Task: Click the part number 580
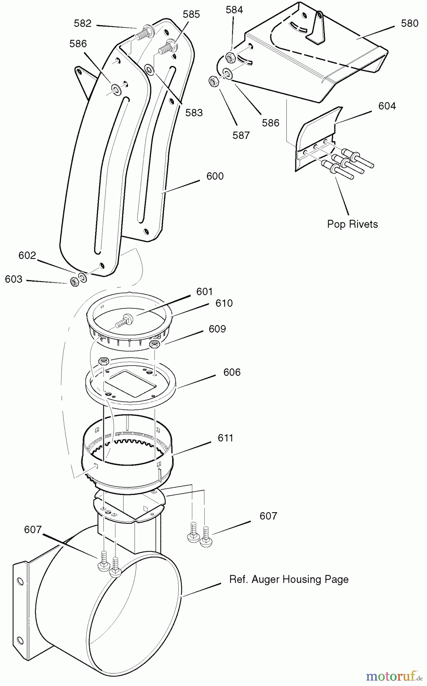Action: [x=409, y=23]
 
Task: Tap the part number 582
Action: [x=82, y=23]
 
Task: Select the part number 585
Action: [x=191, y=14]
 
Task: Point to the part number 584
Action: [x=234, y=10]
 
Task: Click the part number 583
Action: [x=194, y=112]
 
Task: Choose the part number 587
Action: [x=241, y=135]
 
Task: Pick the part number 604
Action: [x=387, y=106]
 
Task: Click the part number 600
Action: [x=215, y=176]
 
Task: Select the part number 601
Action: [x=204, y=292]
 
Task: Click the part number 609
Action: [x=217, y=329]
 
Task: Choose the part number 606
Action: [x=232, y=372]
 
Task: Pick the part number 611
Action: [x=225, y=438]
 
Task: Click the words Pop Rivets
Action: [x=353, y=224]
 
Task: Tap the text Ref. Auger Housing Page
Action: [x=289, y=580]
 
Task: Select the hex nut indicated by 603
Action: [x=74, y=281]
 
